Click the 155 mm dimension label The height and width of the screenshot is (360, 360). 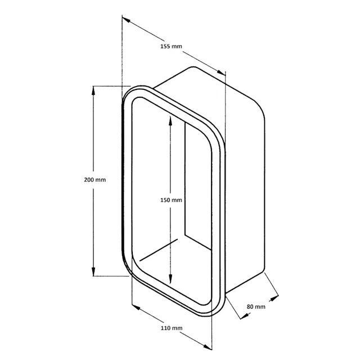[171, 46]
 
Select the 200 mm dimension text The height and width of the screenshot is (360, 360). [95, 179]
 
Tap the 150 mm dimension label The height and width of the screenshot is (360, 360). [171, 200]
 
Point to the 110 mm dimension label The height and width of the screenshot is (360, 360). [172, 328]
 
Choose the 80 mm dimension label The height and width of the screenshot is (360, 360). [256, 307]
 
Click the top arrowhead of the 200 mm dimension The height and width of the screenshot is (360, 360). [93, 91]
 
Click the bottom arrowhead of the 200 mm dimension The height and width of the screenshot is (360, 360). [93, 271]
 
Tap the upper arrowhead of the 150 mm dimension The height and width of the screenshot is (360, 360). [170, 121]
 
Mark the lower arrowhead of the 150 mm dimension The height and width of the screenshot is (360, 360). [170, 278]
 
